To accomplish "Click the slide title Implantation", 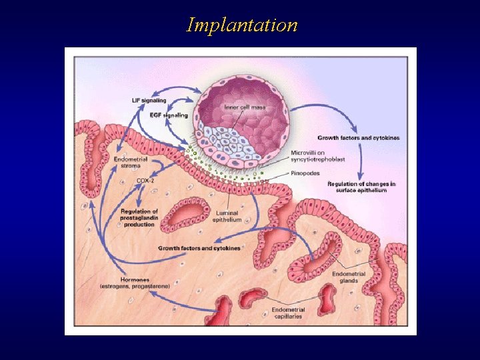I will tap(242, 25).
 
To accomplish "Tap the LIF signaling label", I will tap(150, 101).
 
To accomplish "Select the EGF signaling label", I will tap(169, 115).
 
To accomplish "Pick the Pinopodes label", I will tap(306, 172).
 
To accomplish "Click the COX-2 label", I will tap(146, 180).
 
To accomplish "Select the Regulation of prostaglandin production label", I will tap(139, 218).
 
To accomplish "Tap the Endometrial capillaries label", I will tap(289, 313).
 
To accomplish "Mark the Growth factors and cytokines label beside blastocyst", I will tap(359, 138).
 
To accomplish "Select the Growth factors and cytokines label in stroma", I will tap(199, 248).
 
